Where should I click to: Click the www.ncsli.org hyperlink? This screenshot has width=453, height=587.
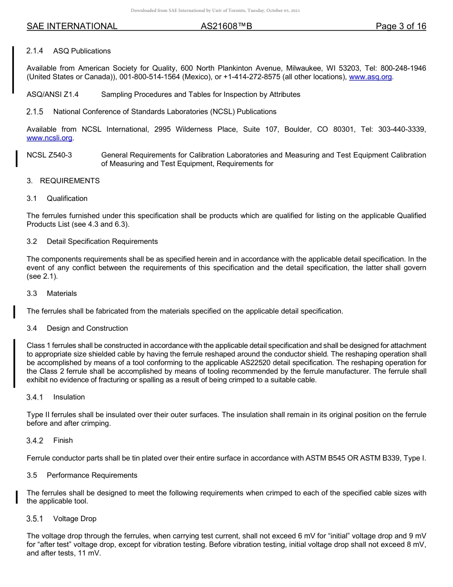(50, 138)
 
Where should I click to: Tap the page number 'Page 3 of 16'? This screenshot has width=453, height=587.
(401, 26)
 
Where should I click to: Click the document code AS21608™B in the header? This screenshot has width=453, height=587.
(226, 26)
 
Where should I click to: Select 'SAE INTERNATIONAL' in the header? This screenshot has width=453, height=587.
(72, 26)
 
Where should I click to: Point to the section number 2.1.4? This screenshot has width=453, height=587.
(35, 51)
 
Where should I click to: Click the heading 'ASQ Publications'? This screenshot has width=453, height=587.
(82, 51)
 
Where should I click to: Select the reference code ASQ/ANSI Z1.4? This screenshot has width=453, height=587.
(52, 94)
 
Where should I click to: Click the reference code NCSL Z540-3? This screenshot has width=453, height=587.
(50, 155)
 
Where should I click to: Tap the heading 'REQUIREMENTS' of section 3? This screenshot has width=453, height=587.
(70, 181)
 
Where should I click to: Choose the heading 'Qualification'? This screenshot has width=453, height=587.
(67, 199)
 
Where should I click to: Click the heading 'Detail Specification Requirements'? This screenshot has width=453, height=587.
(102, 241)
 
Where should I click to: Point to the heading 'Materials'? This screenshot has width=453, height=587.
(62, 293)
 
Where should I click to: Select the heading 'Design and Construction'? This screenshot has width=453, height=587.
(87, 328)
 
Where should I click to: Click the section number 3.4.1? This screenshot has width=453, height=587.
(35, 397)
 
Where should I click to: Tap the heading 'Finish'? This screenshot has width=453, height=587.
(63, 440)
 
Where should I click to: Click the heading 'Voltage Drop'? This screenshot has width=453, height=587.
(75, 519)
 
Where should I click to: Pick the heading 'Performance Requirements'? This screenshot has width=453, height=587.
(92, 475)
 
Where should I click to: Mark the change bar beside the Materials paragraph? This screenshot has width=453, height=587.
(15, 311)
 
